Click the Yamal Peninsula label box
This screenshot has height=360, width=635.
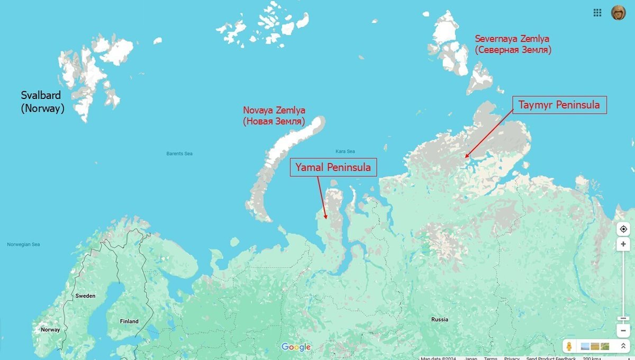point(333,167)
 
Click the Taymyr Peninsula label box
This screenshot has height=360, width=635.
point(559,105)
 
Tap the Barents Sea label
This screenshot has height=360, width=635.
point(179,154)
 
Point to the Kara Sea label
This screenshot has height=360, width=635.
point(345,151)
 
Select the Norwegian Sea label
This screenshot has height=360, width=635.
point(23,245)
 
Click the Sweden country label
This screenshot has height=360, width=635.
point(85,296)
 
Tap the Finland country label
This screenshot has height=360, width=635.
point(129,321)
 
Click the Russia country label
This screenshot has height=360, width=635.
point(440,319)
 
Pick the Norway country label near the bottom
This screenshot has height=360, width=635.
point(50,330)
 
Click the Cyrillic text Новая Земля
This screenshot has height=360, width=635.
point(274,122)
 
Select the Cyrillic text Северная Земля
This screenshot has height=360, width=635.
point(513,50)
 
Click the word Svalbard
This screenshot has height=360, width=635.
point(41,95)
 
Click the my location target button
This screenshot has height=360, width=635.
point(623,229)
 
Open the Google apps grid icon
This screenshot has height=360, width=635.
point(597,13)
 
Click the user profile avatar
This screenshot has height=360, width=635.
point(618,13)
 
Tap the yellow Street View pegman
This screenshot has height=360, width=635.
point(569,346)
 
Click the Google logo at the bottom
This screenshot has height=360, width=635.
point(296,347)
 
